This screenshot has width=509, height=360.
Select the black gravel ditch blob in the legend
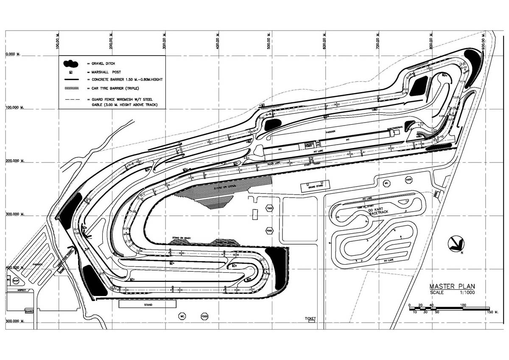coord(70,64)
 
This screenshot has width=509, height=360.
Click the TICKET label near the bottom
coord(310,318)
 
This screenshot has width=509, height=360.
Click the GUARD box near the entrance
coord(29,311)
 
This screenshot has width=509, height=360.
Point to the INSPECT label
coord(22,290)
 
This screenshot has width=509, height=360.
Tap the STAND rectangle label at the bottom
coord(148,304)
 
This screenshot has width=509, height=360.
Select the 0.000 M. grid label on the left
coord(13,54)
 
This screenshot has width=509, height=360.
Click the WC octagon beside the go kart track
coord(386,183)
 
